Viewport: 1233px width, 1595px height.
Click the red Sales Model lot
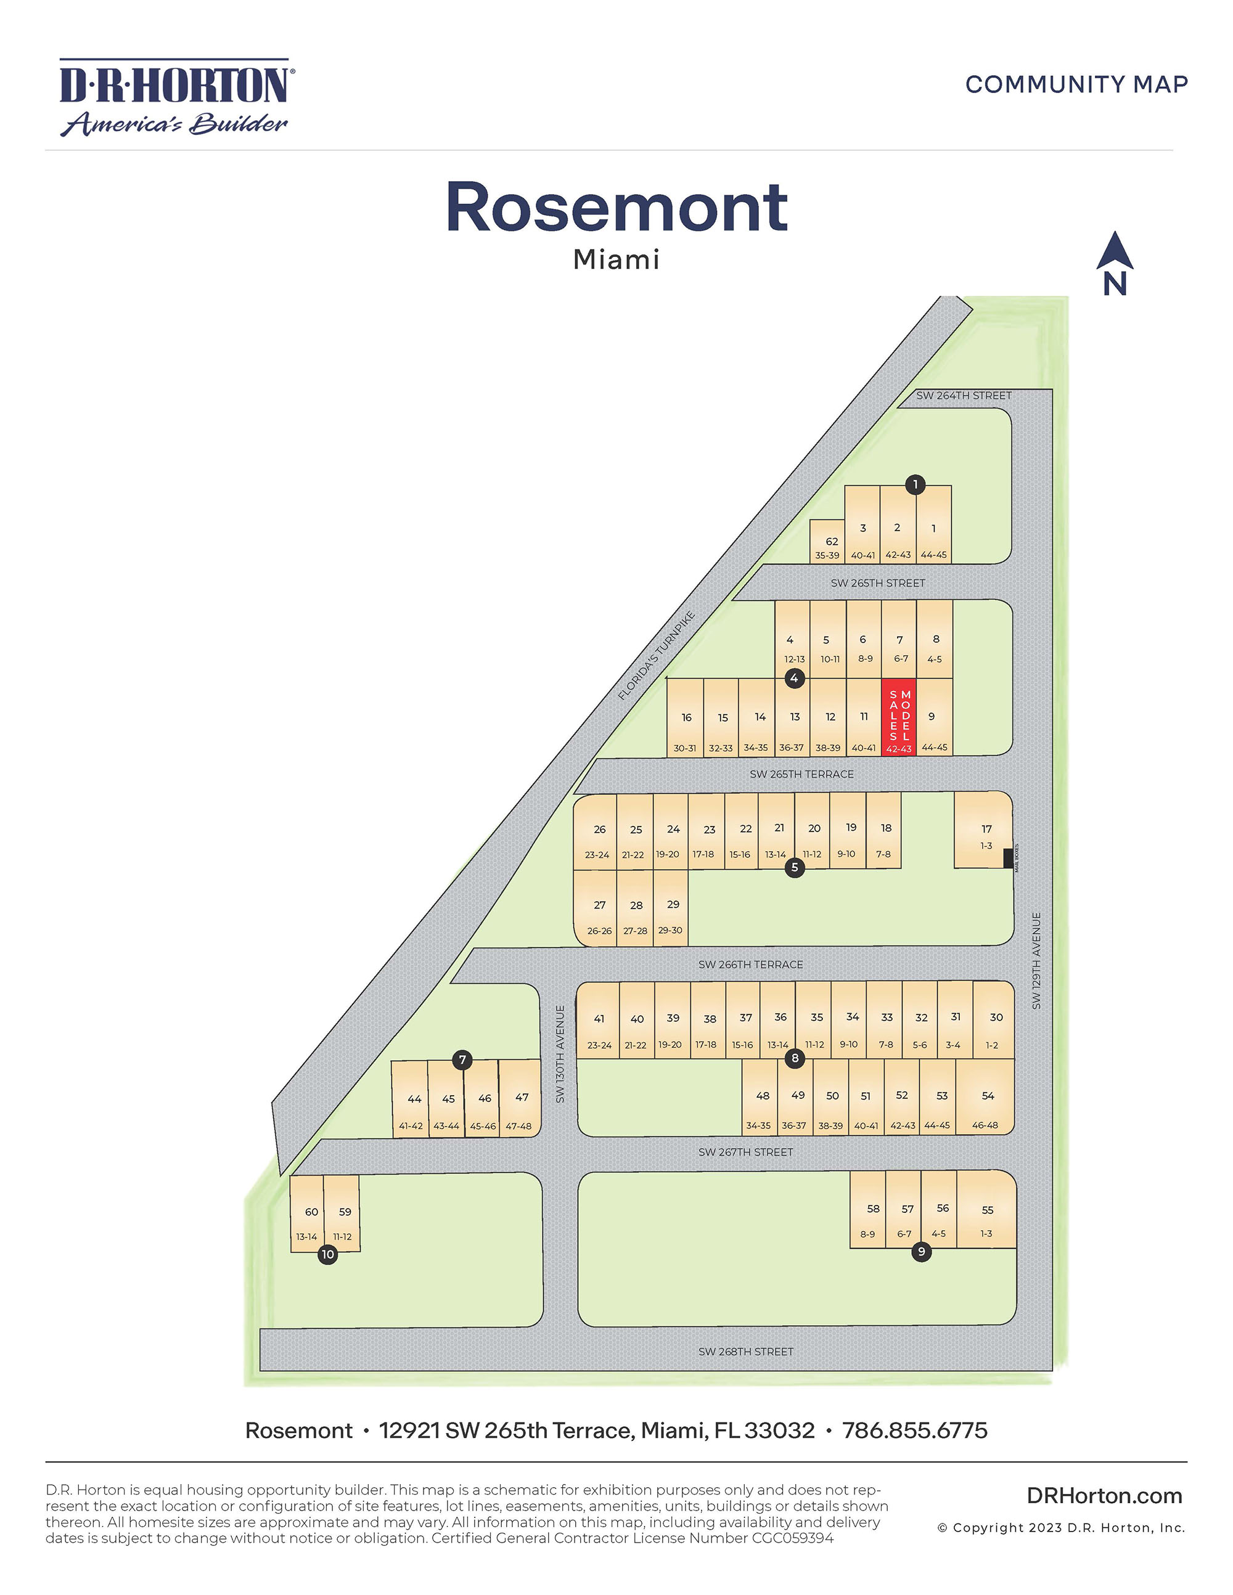click(x=899, y=717)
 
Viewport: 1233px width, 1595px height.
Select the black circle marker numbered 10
click(x=328, y=1255)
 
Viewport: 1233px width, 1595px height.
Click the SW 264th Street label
click(x=964, y=396)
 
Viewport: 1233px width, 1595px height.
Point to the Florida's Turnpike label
click(x=656, y=656)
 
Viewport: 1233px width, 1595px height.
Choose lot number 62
click(x=829, y=542)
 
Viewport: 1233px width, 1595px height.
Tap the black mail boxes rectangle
click(x=1008, y=858)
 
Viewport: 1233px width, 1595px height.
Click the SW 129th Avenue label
click(x=1036, y=961)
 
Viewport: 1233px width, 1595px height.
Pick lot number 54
click(x=987, y=1096)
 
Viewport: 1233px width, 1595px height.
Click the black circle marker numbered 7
click(x=462, y=1059)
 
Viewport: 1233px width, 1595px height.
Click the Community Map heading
click(x=1076, y=84)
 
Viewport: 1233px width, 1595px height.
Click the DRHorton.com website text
click(x=1104, y=1496)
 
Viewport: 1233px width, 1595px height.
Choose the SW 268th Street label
click(x=745, y=1352)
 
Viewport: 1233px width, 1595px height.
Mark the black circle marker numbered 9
click(x=921, y=1252)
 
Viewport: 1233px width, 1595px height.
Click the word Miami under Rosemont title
click(x=616, y=259)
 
